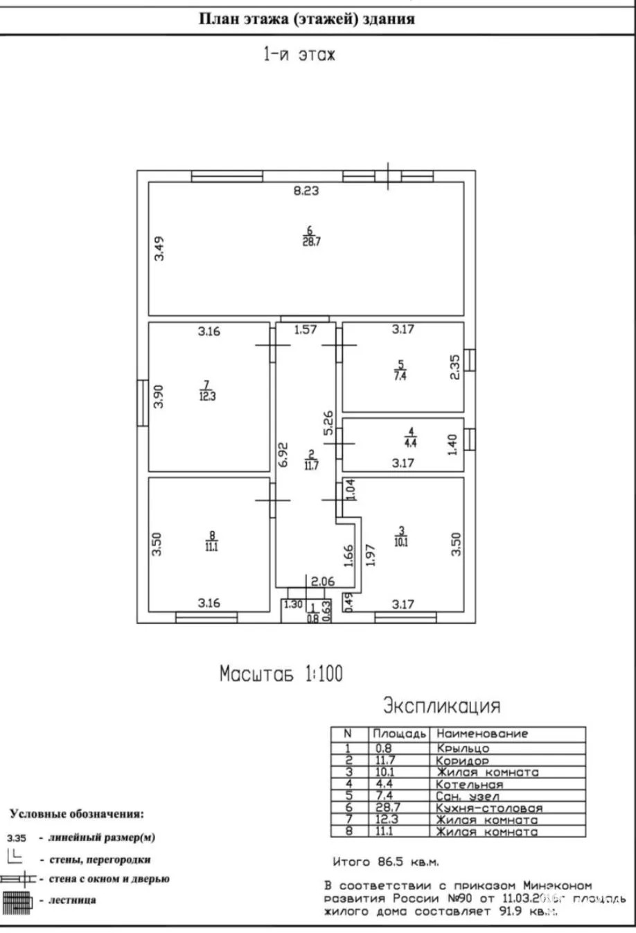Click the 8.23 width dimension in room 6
click(306, 191)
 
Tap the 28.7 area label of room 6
click(310, 242)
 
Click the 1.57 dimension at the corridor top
click(305, 330)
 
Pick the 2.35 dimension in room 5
click(454, 367)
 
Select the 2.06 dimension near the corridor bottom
click(323, 582)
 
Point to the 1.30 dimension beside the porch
click(293, 604)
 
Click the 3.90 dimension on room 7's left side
click(159, 396)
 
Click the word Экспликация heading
click(441, 706)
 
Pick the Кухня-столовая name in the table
click(489, 808)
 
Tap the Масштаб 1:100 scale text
click(281, 673)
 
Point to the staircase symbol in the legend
click(17, 900)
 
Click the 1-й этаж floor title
click(298, 55)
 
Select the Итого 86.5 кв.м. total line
click(386, 862)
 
